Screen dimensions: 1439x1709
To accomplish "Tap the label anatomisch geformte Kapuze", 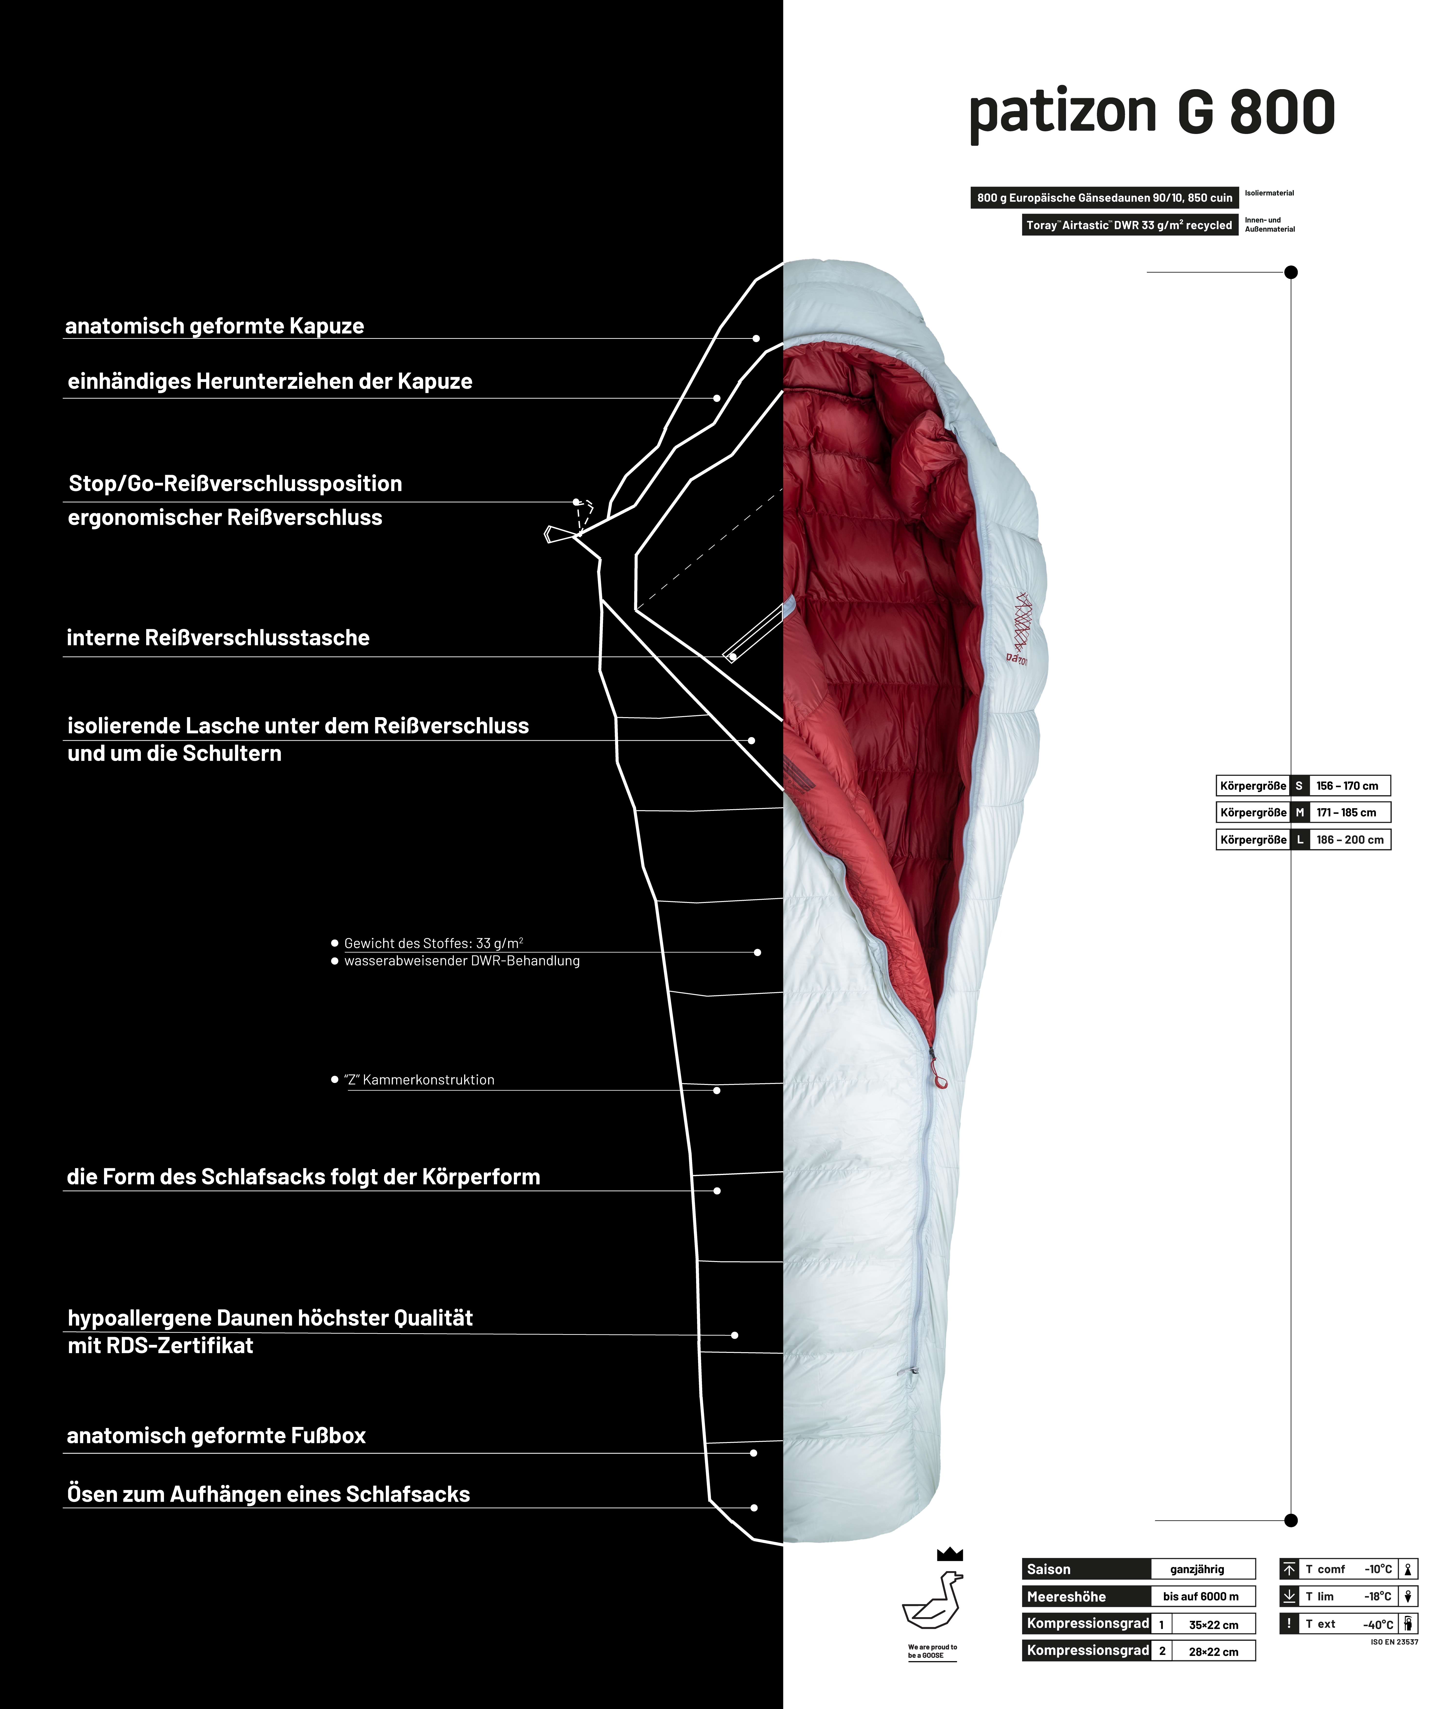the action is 215,326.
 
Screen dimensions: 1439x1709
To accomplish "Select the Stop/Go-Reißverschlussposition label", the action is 235,484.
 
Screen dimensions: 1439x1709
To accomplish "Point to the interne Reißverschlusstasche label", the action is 218,638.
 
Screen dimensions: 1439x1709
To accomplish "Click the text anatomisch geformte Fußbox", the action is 216,1436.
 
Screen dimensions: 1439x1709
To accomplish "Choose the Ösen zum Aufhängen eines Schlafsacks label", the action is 269,1495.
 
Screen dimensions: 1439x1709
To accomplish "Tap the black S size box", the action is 1299,786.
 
